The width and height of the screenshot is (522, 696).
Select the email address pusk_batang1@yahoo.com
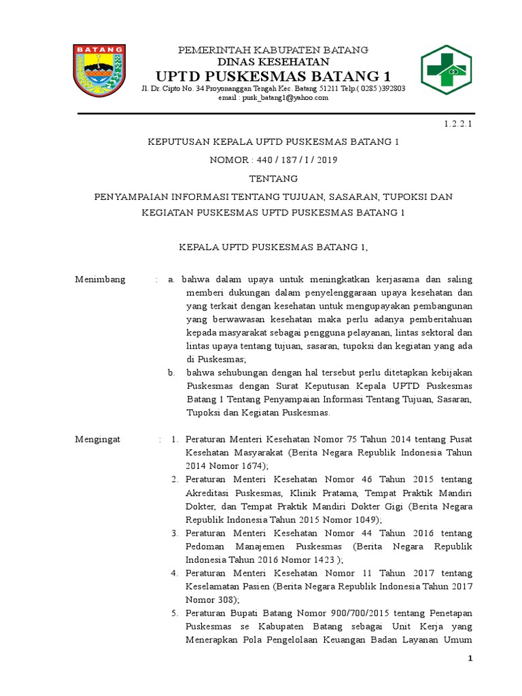tap(273, 98)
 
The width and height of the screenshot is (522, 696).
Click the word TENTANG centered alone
tap(273, 179)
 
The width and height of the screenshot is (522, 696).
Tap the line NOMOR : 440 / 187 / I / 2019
tap(273, 160)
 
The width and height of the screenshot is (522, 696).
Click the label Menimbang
tap(100, 279)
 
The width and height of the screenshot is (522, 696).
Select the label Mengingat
tap(97, 439)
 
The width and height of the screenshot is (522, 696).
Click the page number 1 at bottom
tap(468, 659)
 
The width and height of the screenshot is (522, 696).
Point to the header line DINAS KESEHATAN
tap(273, 61)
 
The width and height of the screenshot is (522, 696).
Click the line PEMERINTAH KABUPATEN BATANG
tap(273, 50)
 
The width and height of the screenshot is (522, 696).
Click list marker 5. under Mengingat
tap(175, 614)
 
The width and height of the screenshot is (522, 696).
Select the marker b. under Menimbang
tap(173, 372)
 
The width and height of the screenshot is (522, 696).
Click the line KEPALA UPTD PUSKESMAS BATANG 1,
tap(273, 246)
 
